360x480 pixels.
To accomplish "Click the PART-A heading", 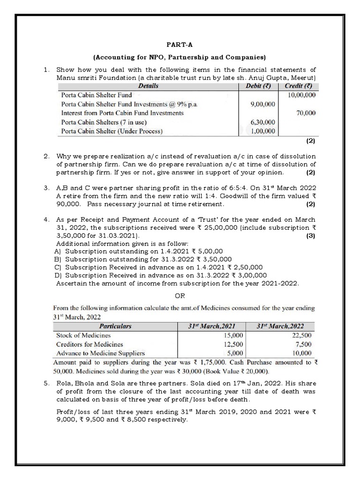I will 180,45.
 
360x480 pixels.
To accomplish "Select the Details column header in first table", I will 148,86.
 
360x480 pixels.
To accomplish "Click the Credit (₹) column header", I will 299,86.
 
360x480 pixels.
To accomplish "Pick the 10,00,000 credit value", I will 300,95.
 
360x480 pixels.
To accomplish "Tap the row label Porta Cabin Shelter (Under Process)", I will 112,131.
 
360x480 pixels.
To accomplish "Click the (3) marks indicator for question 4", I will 311,236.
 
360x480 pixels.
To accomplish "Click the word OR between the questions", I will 180,296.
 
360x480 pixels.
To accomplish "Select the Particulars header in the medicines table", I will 115,326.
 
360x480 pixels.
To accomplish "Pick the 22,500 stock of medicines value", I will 300,335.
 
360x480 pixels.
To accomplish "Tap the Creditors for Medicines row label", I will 90,344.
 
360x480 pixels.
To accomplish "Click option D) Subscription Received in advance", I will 161,276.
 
